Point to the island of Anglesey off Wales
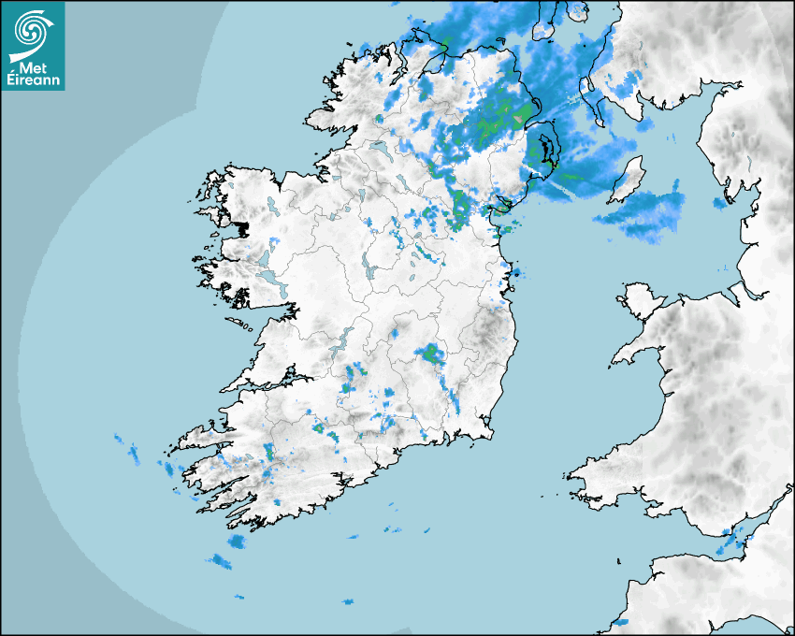coord(641,296)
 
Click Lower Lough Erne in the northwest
coord(378,147)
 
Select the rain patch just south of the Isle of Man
coord(645,213)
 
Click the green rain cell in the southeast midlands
coord(430,354)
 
